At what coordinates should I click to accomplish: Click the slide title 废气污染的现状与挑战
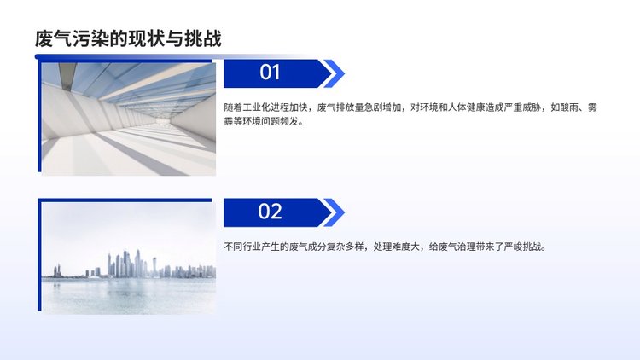(x=128, y=38)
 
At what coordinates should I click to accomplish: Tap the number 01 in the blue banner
(x=270, y=73)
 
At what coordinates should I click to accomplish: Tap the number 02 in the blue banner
(x=270, y=212)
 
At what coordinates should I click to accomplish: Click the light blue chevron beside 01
(x=335, y=74)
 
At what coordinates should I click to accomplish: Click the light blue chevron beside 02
(x=335, y=212)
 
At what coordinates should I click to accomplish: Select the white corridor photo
(x=129, y=119)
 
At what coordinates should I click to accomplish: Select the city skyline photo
(x=129, y=258)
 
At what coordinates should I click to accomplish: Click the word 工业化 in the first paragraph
(x=256, y=107)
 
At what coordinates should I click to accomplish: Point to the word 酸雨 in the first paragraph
(x=569, y=107)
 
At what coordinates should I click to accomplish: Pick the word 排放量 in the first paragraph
(x=349, y=107)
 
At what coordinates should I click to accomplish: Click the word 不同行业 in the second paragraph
(x=242, y=247)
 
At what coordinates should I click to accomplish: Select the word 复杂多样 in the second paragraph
(x=345, y=247)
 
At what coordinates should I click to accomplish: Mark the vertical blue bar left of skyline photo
(x=39, y=255)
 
